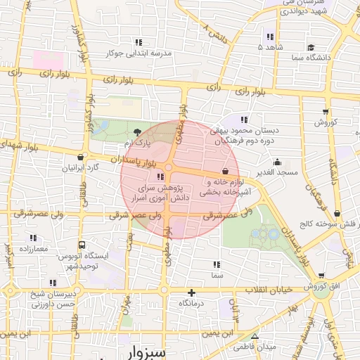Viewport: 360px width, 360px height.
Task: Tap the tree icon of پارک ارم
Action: tap(137, 131)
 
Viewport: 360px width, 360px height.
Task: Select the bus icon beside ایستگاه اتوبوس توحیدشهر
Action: tap(82, 245)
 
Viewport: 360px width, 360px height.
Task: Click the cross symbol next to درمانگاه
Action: tap(191, 292)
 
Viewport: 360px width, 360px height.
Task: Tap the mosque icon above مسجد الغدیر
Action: tap(278, 162)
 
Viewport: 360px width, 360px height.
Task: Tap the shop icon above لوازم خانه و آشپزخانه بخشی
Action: tap(225, 171)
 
